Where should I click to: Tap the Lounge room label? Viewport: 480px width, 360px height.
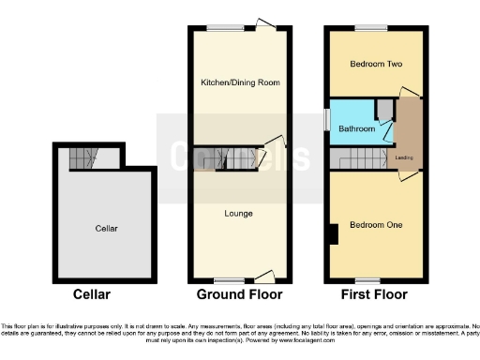tap(238, 214)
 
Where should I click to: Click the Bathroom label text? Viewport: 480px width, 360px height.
tap(356, 128)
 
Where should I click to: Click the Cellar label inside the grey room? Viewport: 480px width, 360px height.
tap(105, 228)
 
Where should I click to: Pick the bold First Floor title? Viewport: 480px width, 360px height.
tap(373, 294)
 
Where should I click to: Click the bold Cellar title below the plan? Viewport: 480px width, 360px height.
tap(89, 294)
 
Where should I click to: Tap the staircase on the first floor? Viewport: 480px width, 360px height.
tap(361, 162)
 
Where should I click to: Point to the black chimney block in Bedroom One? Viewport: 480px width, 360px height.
tap(333, 233)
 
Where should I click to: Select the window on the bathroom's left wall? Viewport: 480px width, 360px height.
tap(327, 121)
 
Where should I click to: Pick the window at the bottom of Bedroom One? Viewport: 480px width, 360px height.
tap(366, 280)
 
